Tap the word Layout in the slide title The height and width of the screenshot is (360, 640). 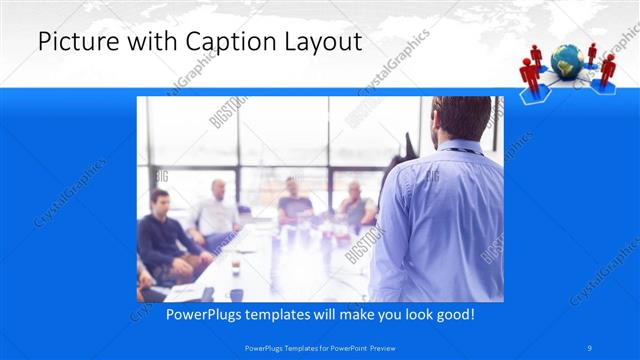321,42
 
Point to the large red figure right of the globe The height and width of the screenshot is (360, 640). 606,67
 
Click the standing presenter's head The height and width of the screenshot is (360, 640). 461,120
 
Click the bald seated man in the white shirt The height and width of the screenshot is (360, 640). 218,210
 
